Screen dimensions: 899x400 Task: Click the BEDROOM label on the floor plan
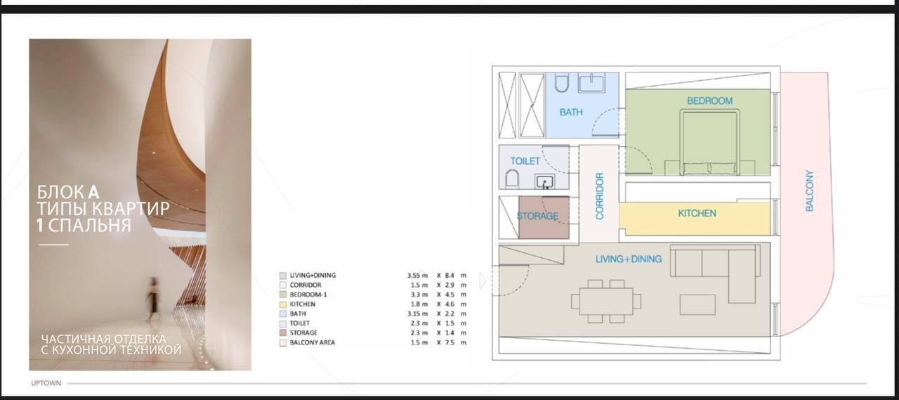[709, 101]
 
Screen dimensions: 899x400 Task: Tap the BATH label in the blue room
[571, 112]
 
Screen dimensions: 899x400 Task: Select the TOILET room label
[525, 161]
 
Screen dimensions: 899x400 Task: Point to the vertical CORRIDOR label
[600, 196]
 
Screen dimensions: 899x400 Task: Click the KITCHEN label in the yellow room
[697, 213]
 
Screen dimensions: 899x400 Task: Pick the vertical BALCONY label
[810, 191]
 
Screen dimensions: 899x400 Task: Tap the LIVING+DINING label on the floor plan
[629, 259]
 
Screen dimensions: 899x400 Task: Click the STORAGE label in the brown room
[537, 216]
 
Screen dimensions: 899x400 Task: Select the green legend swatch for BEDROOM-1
[283, 295]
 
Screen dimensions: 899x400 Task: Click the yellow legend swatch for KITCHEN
[283, 304]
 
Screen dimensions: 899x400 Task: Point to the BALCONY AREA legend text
[313, 342]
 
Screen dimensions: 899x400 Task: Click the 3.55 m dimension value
[417, 276]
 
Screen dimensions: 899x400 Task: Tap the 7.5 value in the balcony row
[449, 342]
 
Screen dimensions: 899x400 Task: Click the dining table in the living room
[606, 301]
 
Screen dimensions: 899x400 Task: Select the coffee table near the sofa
[697, 305]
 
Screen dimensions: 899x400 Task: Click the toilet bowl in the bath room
[562, 82]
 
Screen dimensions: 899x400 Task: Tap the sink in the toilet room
[545, 182]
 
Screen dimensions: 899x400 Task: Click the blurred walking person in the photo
[152, 299]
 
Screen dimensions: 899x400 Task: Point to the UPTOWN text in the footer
[46, 383]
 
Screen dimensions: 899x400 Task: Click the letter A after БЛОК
[93, 193]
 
